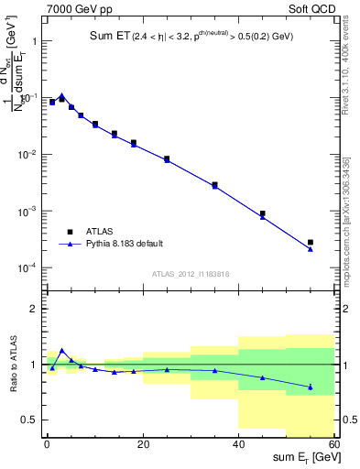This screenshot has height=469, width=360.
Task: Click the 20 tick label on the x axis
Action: click(142, 445)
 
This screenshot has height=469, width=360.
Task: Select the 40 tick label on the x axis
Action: click(238, 445)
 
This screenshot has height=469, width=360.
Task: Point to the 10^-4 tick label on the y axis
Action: click(27, 268)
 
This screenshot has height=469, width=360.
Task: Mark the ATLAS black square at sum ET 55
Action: click(311, 242)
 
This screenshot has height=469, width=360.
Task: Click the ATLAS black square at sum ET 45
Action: click(263, 213)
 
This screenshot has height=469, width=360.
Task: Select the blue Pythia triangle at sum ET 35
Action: click(214, 186)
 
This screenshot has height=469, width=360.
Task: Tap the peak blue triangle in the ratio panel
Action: click(61, 350)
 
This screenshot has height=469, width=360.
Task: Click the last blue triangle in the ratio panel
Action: click(311, 387)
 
